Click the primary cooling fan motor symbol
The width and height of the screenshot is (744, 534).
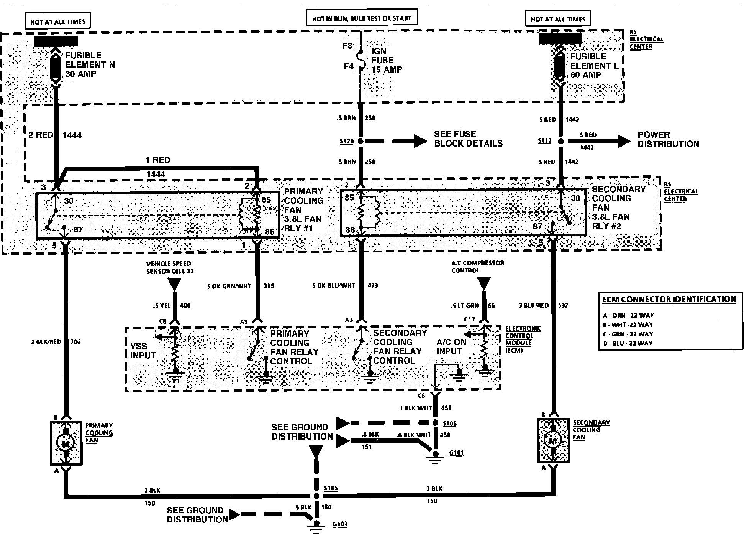[66, 443]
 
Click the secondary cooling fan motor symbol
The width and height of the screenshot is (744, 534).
[552, 441]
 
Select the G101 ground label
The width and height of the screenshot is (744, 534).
[456, 453]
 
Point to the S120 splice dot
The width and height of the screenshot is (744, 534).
[360, 142]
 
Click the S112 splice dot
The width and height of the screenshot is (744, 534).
[560, 142]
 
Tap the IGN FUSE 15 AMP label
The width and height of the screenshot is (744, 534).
[386, 60]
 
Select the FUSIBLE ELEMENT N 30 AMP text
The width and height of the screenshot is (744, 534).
[90, 64]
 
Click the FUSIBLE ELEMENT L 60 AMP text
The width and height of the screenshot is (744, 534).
[594, 66]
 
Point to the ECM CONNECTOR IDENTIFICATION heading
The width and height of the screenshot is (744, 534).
[669, 299]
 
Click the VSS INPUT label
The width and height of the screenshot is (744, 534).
[143, 351]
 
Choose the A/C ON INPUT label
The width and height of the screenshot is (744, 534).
[452, 347]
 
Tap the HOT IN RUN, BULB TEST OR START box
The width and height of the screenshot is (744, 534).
[361, 18]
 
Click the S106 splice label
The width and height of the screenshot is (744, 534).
[449, 424]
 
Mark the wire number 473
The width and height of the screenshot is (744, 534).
[372, 285]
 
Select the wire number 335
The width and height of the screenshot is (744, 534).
[269, 286]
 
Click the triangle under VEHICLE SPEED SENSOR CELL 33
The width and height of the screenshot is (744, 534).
[174, 284]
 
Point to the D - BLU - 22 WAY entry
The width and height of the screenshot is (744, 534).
[628, 343]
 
